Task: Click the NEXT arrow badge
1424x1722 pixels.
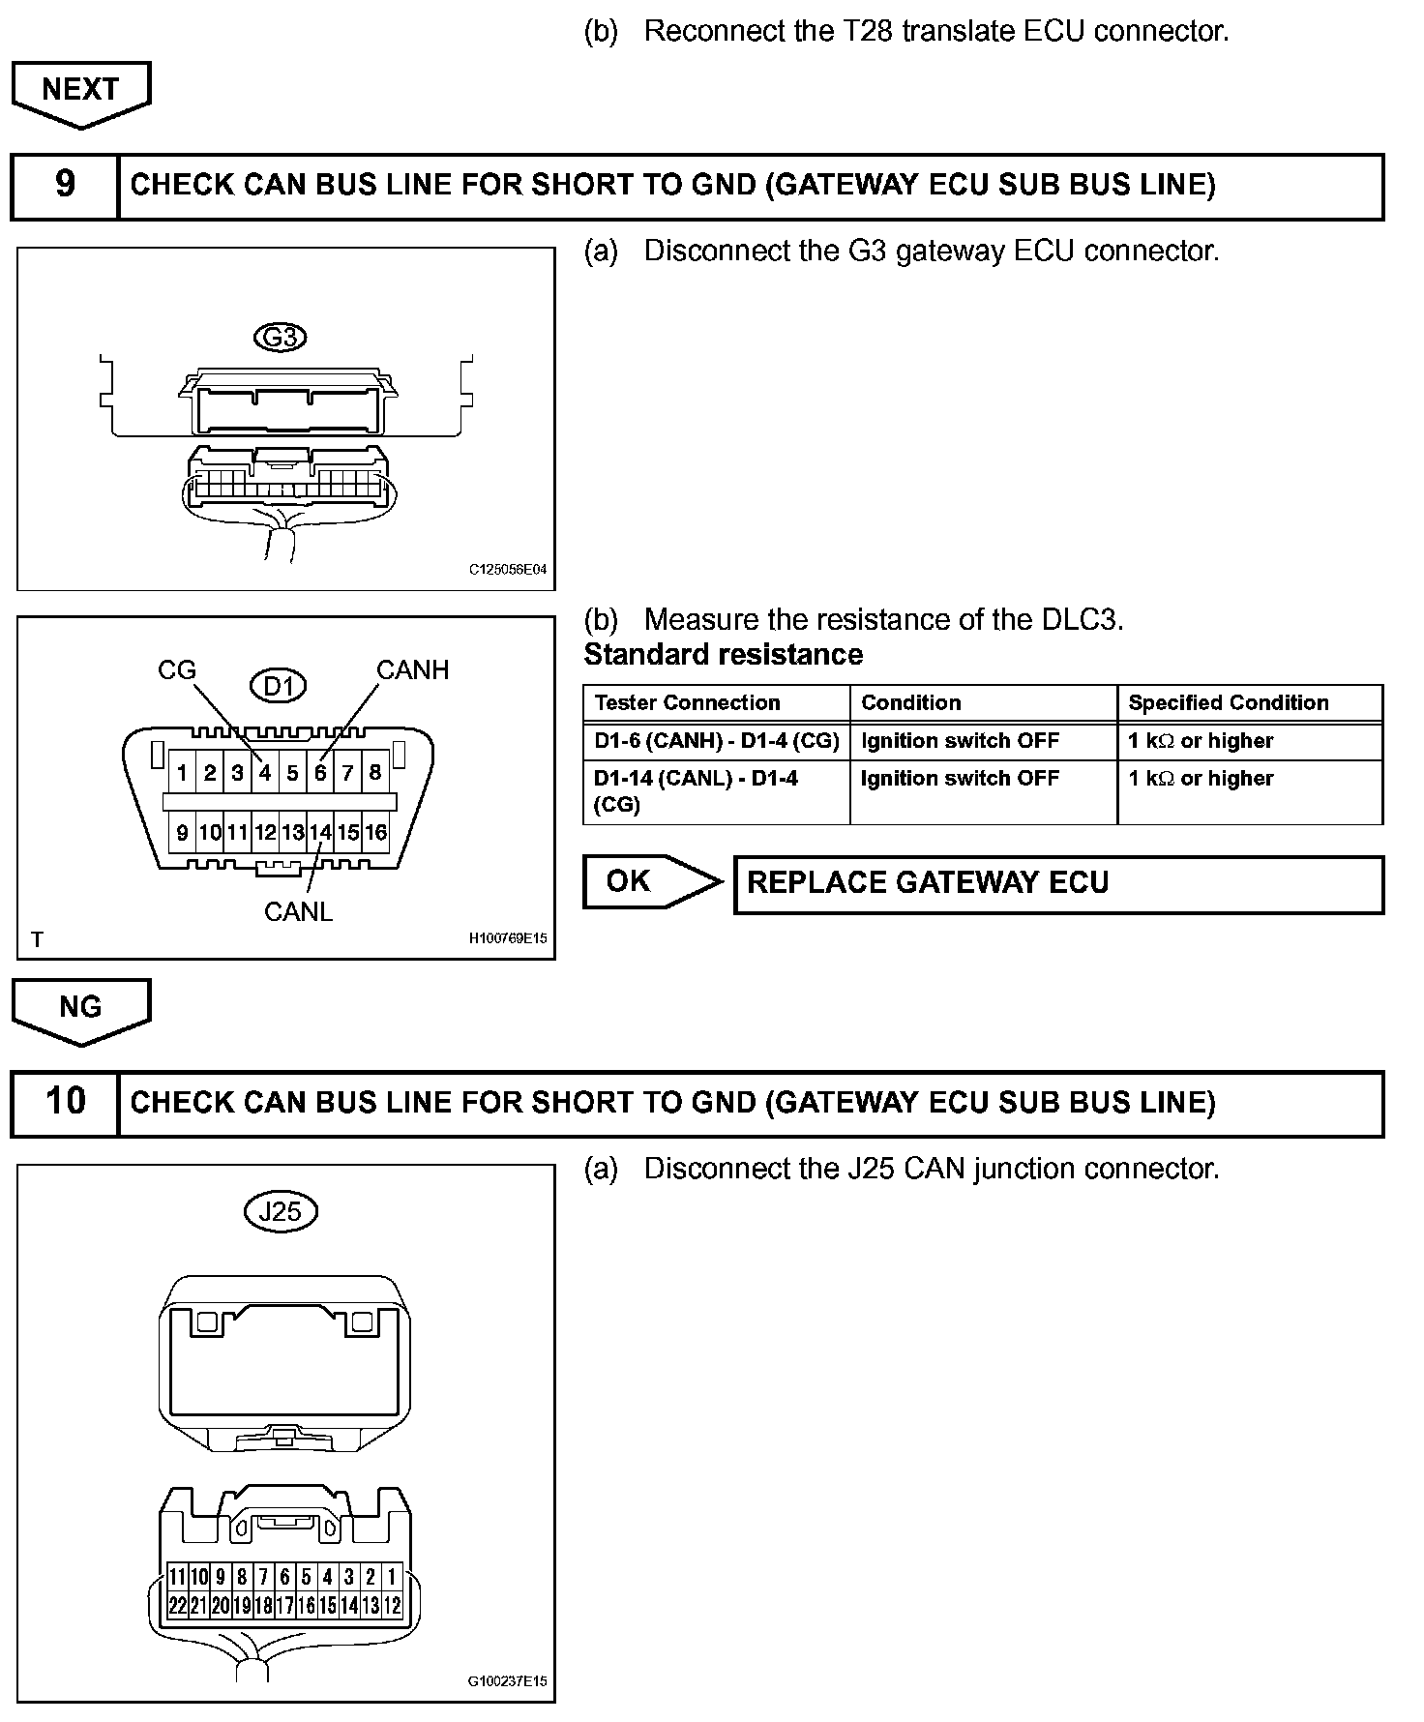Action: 80,92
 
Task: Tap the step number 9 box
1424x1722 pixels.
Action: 65,185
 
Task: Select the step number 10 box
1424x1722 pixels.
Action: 65,1102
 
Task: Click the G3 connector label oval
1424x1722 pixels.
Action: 280,338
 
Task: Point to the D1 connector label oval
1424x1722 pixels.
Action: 278,686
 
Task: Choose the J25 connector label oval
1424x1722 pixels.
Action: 281,1211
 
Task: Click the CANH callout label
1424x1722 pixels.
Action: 412,670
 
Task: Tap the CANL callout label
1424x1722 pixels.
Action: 298,911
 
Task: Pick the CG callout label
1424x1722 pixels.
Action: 177,670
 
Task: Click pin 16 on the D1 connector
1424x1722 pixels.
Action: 375,832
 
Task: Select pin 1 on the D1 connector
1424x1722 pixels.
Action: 182,773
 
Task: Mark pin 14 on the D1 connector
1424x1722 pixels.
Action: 320,832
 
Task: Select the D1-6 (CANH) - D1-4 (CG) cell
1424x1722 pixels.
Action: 716,741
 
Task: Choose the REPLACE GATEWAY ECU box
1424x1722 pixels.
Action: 1058,883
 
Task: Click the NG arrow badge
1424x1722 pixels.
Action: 80,1009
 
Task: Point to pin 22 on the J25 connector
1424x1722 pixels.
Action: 177,1606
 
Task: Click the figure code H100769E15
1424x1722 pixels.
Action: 508,937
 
